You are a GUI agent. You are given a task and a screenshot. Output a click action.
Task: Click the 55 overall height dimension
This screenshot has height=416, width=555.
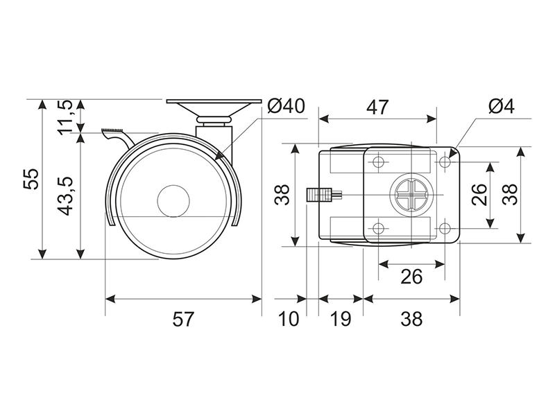pyautogui.click(x=31, y=179)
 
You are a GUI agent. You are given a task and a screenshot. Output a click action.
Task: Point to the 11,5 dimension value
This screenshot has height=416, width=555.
pyautogui.click(x=65, y=117)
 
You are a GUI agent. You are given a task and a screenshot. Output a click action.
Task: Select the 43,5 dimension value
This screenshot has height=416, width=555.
pyautogui.click(x=65, y=196)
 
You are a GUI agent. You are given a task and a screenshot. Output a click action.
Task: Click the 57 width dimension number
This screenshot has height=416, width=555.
pyautogui.click(x=183, y=319)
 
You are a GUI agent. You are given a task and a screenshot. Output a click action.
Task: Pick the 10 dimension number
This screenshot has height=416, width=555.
pyautogui.click(x=289, y=319)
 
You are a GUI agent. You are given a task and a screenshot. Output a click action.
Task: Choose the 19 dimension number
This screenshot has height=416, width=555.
pyautogui.click(x=340, y=319)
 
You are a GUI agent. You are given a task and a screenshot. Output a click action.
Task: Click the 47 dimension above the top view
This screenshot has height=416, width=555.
pyautogui.click(x=377, y=107)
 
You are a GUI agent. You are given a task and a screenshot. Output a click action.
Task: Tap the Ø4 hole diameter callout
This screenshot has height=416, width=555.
pyautogui.click(x=501, y=106)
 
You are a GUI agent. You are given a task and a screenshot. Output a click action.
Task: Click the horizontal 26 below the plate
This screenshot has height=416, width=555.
pyautogui.click(x=411, y=276)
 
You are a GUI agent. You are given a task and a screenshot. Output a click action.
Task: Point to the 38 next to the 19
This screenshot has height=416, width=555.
pyautogui.click(x=411, y=319)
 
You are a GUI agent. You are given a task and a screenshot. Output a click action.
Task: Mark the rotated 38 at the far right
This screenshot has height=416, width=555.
pyautogui.click(x=511, y=195)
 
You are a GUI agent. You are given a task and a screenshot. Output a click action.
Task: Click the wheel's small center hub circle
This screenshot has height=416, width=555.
pyautogui.click(x=173, y=200)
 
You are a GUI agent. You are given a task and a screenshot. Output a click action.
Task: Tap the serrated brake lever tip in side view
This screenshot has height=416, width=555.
pyautogui.click(x=112, y=130)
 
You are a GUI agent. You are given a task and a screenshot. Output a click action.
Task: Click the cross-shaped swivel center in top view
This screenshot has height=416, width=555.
pyautogui.click(x=411, y=195)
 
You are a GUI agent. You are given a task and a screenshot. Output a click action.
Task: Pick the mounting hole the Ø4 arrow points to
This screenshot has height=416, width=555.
pyautogui.click(x=445, y=162)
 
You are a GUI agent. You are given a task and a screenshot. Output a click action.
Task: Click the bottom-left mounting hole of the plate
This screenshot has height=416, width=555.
pyautogui.click(x=379, y=229)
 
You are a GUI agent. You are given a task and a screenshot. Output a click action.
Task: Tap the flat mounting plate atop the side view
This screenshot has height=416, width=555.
pyautogui.click(x=214, y=101)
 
